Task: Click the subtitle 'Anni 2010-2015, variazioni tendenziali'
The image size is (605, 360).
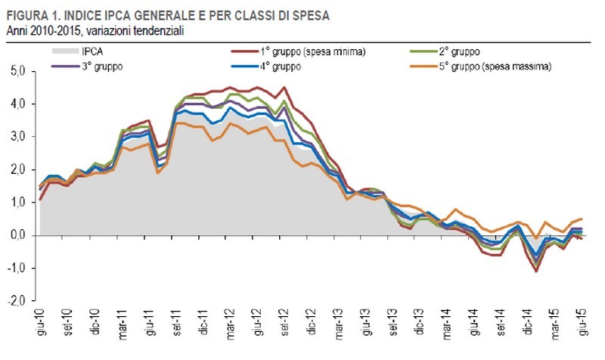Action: click(x=95, y=30)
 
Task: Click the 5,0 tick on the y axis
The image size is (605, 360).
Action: click(x=18, y=71)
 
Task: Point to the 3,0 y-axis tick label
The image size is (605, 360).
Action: click(x=18, y=137)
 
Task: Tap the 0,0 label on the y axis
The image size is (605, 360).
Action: click(x=18, y=235)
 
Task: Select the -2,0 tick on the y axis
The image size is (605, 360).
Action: click(x=17, y=301)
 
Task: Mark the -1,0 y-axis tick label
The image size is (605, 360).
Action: click(x=17, y=268)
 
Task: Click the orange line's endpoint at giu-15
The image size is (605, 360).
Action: click(x=581, y=219)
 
